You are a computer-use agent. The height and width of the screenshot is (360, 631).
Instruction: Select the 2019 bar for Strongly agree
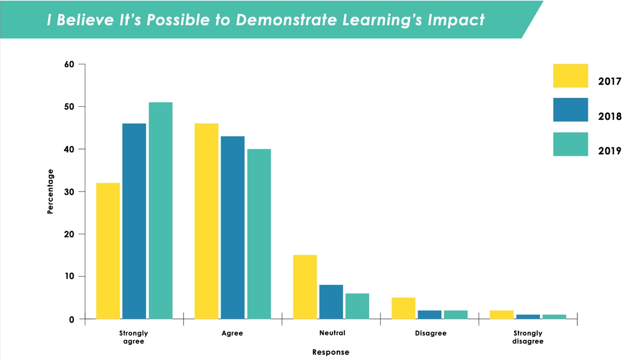click(161, 211)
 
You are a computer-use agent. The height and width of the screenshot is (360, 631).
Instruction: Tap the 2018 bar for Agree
click(233, 227)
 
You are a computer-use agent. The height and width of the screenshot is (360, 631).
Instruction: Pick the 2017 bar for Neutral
click(305, 287)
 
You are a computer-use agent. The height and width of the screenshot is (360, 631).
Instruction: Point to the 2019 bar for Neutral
click(357, 306)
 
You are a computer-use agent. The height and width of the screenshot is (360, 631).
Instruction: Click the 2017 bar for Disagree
click(403, 308)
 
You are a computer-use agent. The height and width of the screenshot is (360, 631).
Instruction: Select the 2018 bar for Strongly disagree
click(528, 316)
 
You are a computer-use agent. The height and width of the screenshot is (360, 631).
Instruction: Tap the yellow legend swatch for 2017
click(570, 76)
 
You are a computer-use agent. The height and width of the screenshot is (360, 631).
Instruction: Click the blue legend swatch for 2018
click(570, 110)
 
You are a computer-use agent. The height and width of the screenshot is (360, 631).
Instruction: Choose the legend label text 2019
click(610, 151)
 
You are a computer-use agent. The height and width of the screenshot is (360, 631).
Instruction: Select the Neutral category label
click(332, 333)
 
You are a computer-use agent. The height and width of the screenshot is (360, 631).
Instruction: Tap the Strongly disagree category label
click(528, 337)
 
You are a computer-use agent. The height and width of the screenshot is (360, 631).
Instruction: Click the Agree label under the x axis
click(232, 333)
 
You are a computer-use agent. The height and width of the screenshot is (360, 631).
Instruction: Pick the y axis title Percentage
click(51, 191)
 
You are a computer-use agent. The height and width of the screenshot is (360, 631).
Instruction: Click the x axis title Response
click(330, 352)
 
